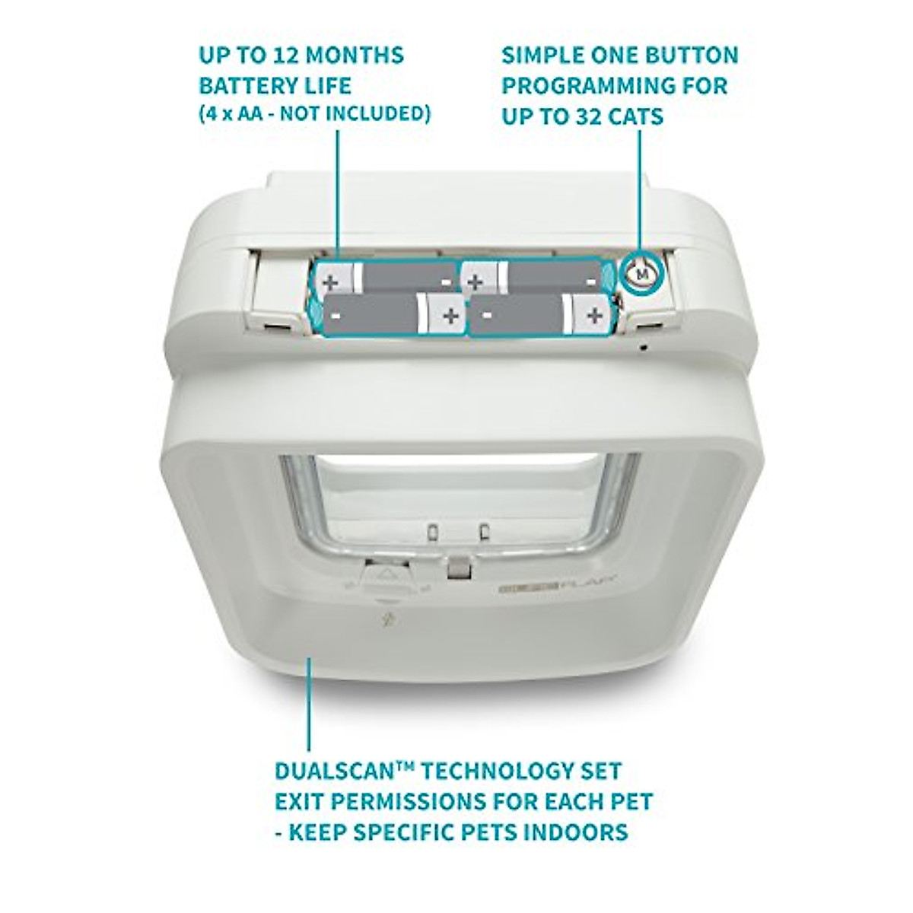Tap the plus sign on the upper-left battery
click(x=329, y=282)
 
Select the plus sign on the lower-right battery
click(x=595, y=315)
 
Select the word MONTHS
click(x=359, y=56)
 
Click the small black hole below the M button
click(x=644, y=348)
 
